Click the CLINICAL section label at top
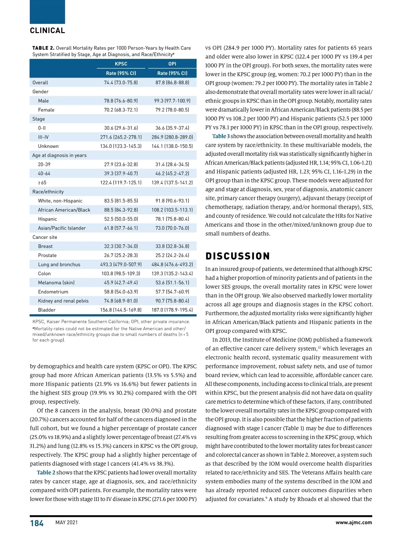click(x=47, y=30)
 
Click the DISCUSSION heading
click(x=238, y=256)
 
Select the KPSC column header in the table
click(x=121, y=64)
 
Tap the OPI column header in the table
click(x=172, y=64)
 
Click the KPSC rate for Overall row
click(x=121, y=83)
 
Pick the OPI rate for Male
click(x=172, y=101)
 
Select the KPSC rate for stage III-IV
click(x=121, y=137)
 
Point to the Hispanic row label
click(x=48, y=219)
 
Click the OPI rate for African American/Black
click(x=172, y=210)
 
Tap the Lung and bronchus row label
click(x=59, y=265)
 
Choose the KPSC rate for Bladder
click(x=121, y=310)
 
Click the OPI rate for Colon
click(x=172, y=274)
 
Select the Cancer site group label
click(x=45, y=237)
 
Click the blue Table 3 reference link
click(x=221, y=136)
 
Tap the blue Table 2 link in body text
click(x=46, y=472)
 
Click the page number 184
click(x=37, y=523)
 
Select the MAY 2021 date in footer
click(x=66, y=523)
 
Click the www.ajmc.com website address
click(x=353, y=523)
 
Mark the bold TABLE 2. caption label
click(x=43, y=48)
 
